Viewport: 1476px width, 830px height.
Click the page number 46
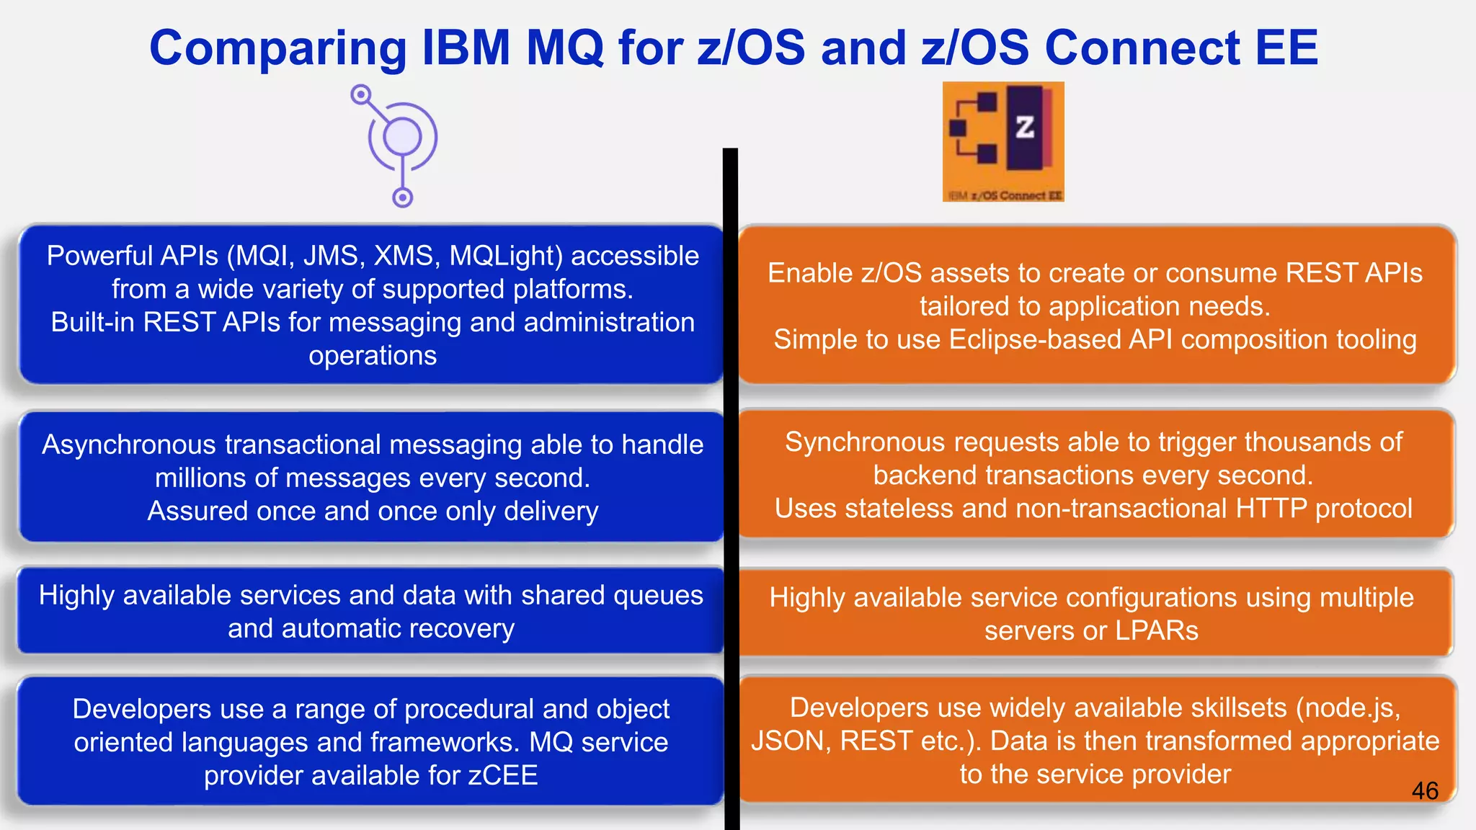tap(1424, 790)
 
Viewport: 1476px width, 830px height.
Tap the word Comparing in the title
tap(278, 49)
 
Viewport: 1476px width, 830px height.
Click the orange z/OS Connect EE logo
tap(1002, 141)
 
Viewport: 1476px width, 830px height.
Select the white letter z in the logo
tap(1024, 128)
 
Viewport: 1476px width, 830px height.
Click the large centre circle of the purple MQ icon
tap(402, 137)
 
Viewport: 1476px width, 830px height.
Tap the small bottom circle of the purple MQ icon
tap(402, 197)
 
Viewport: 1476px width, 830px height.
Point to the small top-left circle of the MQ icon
tap(361, 94)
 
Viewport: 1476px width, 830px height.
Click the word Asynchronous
tap(128, 445)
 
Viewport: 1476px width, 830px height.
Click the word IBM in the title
tap(466, 49)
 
